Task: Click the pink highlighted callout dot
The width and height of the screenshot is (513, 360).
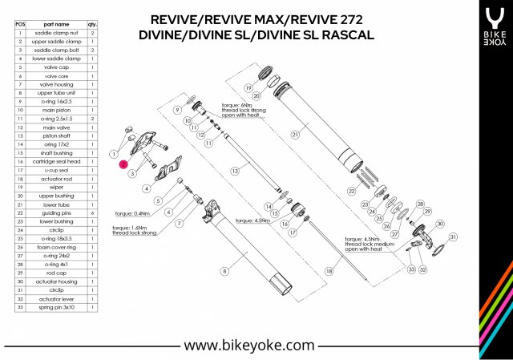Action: [x=123, y=163]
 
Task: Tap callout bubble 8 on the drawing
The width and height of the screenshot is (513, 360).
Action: [x=225, y=273]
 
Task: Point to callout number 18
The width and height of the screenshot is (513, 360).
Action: [x=328, y=273]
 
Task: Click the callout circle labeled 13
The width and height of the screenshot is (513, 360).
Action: [x=235, y=171]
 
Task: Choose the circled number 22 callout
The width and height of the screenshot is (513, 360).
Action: [x=350, y=191]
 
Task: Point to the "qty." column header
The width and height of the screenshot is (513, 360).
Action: [x=93, y=25]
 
